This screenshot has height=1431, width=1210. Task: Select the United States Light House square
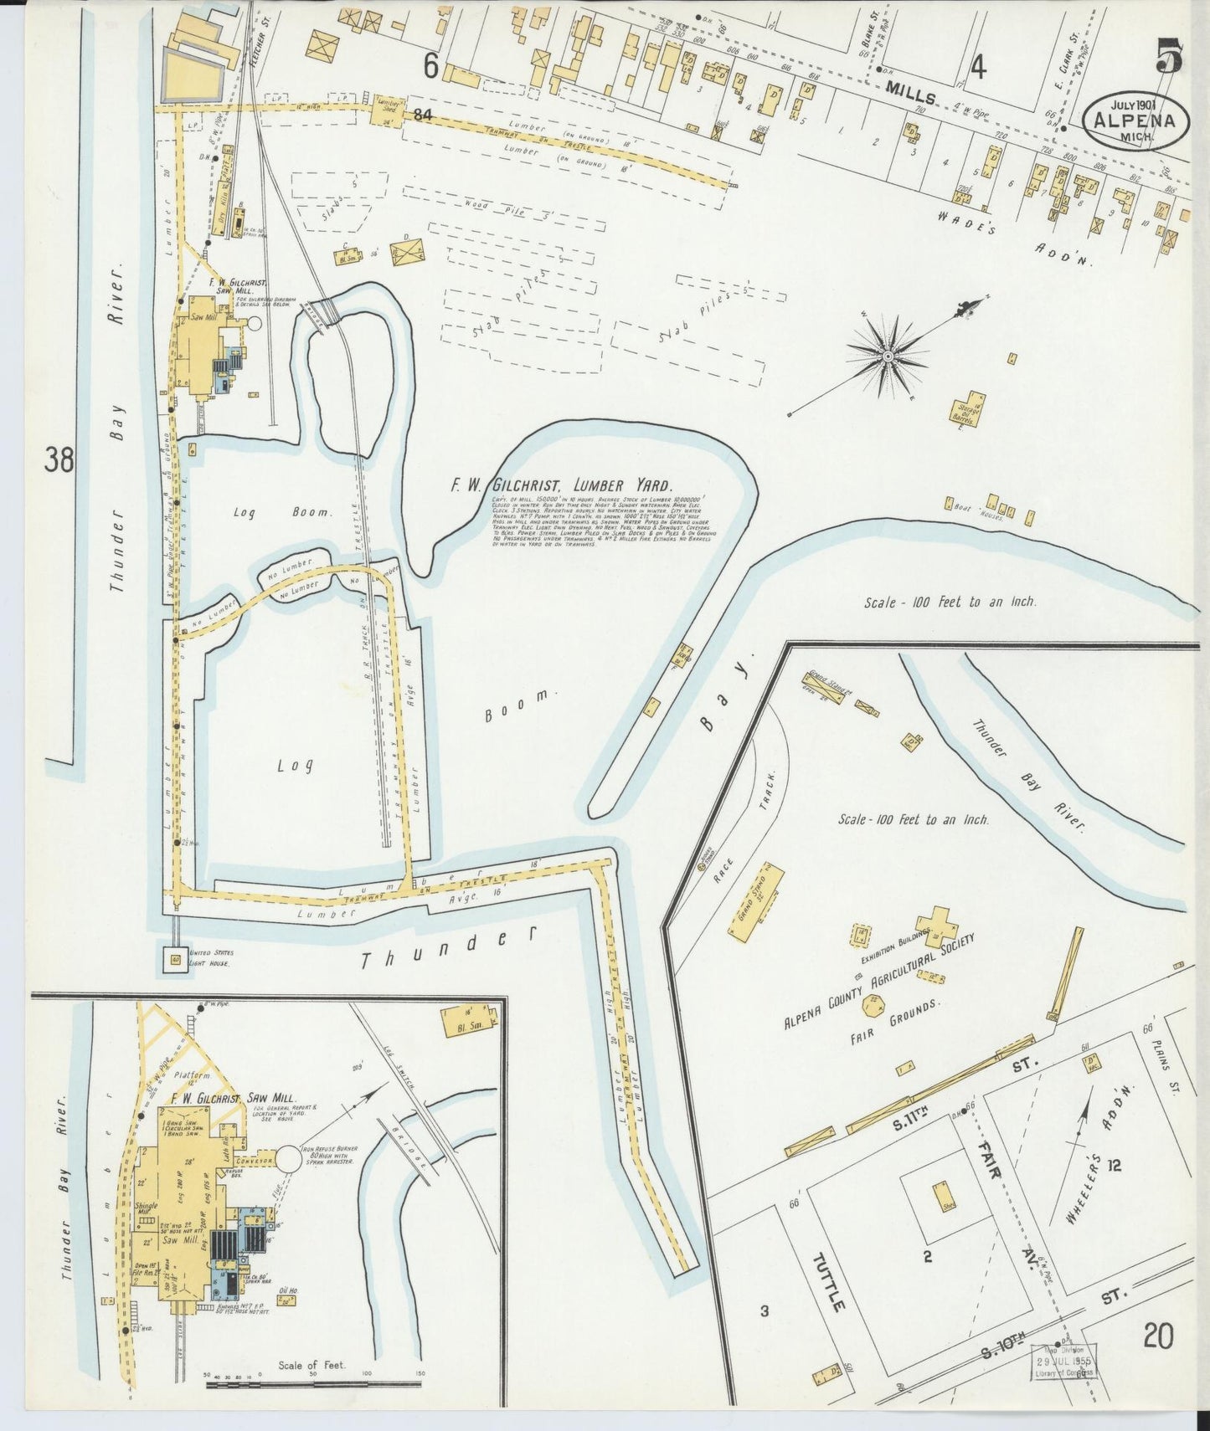176,958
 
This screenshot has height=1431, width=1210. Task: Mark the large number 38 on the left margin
60,460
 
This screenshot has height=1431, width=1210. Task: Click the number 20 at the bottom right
1160,1336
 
